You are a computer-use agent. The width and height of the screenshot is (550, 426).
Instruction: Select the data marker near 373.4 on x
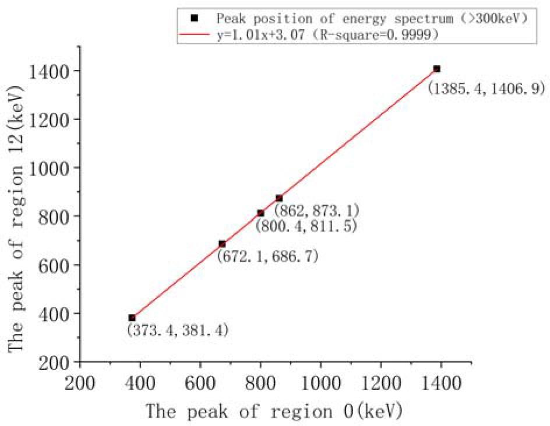coord(132,318)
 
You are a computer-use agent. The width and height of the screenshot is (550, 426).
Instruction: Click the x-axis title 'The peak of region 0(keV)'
coord(274,411)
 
